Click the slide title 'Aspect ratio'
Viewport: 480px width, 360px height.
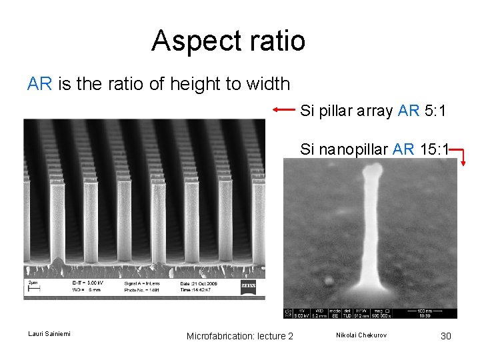(x=228, y=41)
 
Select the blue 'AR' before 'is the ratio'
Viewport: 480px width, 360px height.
(x=40, y=84)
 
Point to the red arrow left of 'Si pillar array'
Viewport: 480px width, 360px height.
(x=284, y=109)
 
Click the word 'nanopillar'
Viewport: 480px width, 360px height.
(x=354, y=149)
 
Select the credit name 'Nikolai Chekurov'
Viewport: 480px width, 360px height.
(x=361, y=335)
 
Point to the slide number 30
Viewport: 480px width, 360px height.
(x=446, y=336)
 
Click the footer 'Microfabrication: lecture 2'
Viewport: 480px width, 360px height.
(x=240, y=336)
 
